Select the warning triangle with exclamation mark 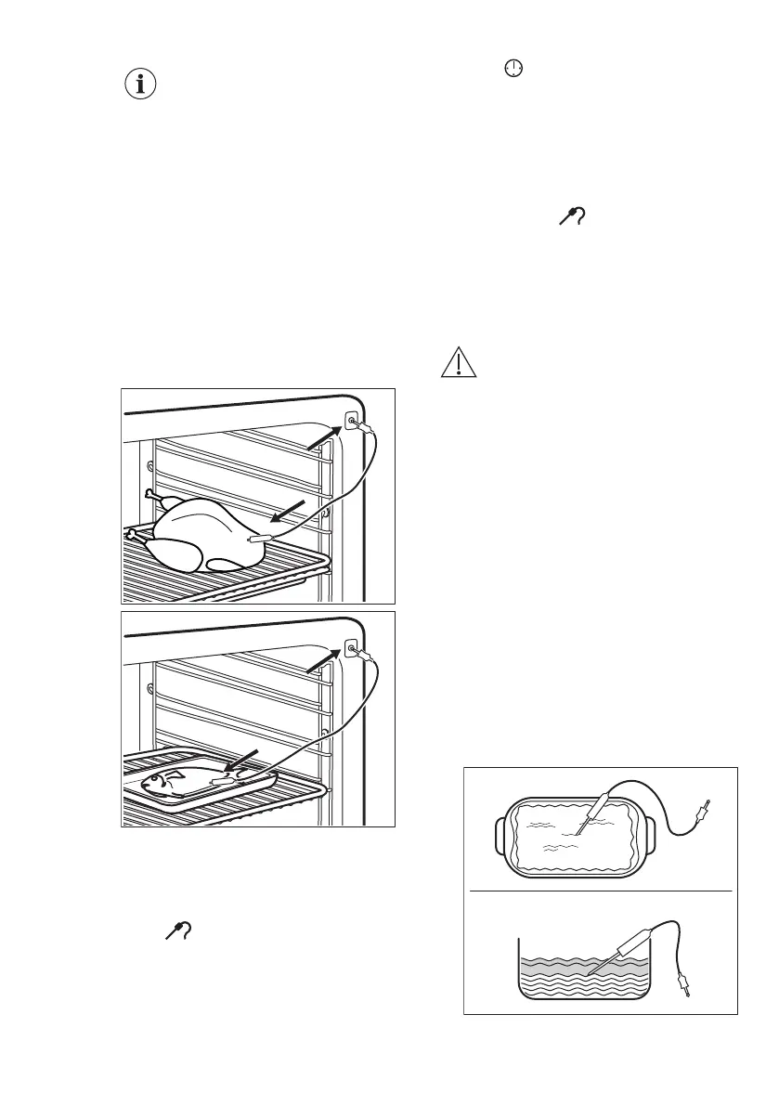point(459,361)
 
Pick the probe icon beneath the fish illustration point(176,930)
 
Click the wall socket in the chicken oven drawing point(352,420)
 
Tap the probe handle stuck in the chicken point(258,538)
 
